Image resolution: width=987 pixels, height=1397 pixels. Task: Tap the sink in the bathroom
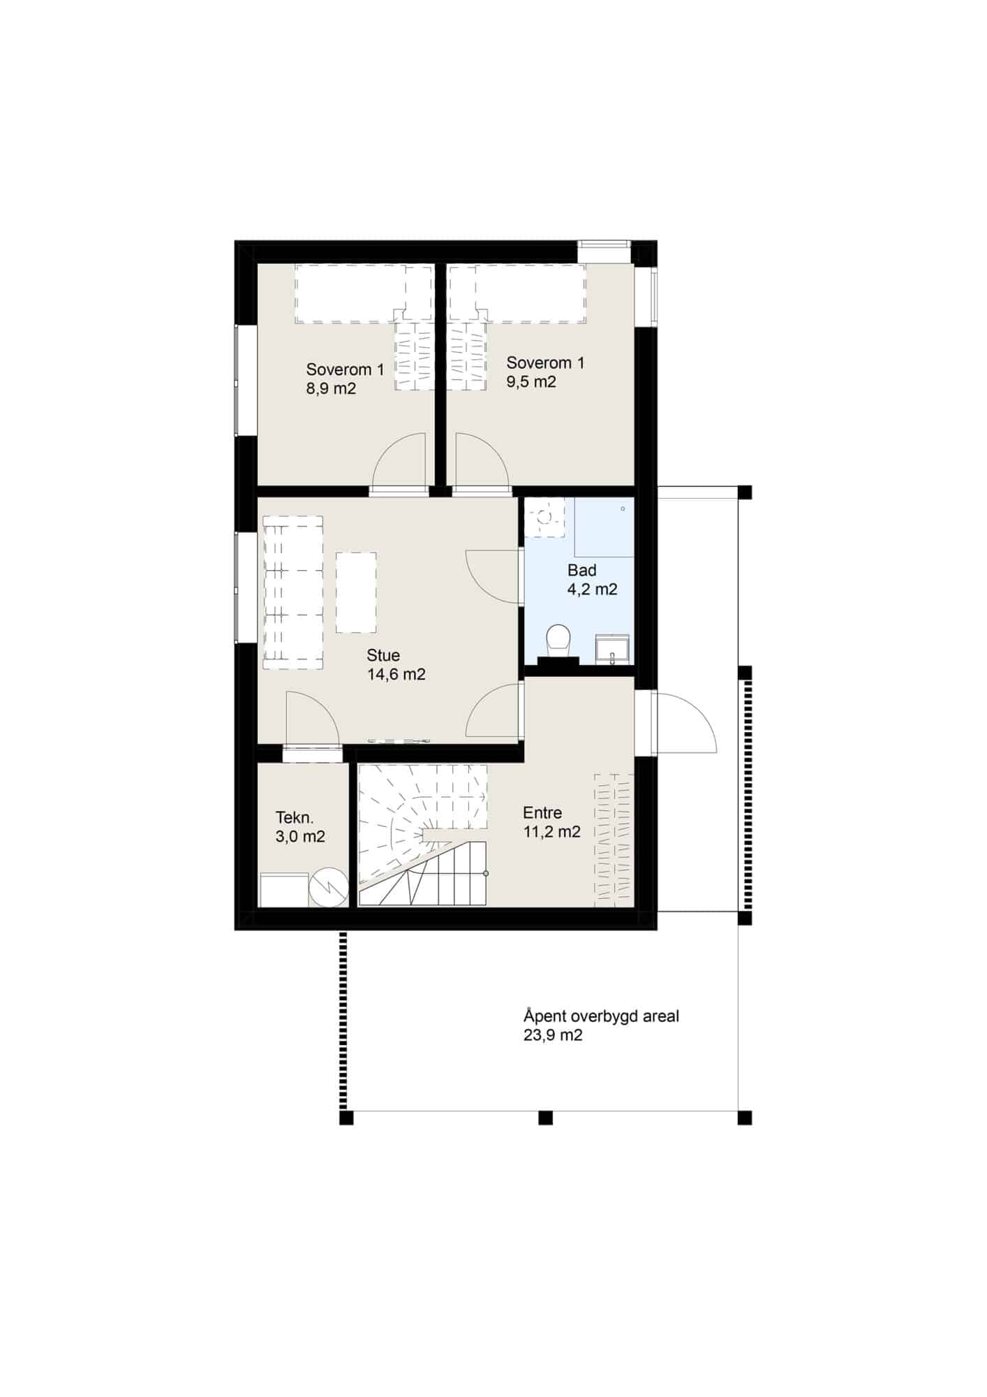pyautogui.click(x=612, y=648)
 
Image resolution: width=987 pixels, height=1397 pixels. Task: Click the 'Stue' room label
pyautogui.click(x=383, y=655)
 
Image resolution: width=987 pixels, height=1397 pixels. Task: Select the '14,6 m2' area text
pyautogui.click(x=396, y=675)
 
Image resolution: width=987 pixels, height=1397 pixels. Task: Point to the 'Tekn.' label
pyautogui.click(x=295, y=818)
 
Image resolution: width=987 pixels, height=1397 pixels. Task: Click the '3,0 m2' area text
pyautogui.click(x=300, y=837)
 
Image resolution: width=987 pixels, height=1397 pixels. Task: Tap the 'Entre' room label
pyautogui.click(x=542, y=813)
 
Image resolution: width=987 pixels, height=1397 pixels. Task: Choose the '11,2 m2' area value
pyautogui.click(x=552, y=832)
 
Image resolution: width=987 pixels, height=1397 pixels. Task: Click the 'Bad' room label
pyautogui.click(x=582, y=571)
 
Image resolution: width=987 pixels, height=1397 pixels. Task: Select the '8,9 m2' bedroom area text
pyautogui.click(x=332, y=389)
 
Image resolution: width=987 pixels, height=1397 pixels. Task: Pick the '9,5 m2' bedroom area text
pyautogui.click(x=531, y=382)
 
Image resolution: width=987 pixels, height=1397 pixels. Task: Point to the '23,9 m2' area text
pyautogui.click(x=553, y=1036)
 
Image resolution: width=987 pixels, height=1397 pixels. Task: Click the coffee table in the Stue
pyautogui.click(x=356, y=592)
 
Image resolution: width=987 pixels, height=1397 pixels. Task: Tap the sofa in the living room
pyautogui.click(x=292, y=592)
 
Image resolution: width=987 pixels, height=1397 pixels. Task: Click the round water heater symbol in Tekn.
pyautogui.click(x=329, y=887)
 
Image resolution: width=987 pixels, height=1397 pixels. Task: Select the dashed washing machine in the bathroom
pyautogui.click(x=545, y=518)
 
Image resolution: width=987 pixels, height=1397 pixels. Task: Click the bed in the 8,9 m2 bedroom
pyautogui.click(x=364, y=294)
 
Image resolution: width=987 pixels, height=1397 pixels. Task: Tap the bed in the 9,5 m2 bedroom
pyautogui.click(x=517, y=294)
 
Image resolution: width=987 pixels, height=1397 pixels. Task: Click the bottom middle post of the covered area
pyautogui.click(x=545, y=1118)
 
